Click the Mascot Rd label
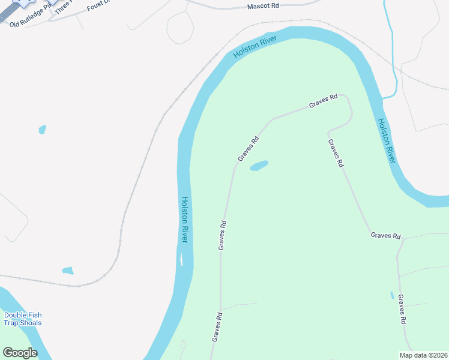pos(263,6)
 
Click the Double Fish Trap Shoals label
pos(23,319)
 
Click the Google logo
pos(20,353)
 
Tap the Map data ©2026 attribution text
pos(423,355)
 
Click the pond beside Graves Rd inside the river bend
pos(259,165)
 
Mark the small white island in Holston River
pos(180,260)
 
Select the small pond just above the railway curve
pos(67,271)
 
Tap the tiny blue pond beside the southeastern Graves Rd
pos(392,295)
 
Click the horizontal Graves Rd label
pos(385,236)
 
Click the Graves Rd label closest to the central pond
pos(248,149)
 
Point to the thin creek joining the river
pos(393,66)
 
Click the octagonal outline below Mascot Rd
pos(180,28)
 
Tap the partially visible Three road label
pos(62,7)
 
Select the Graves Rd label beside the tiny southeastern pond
pos(403,309)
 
